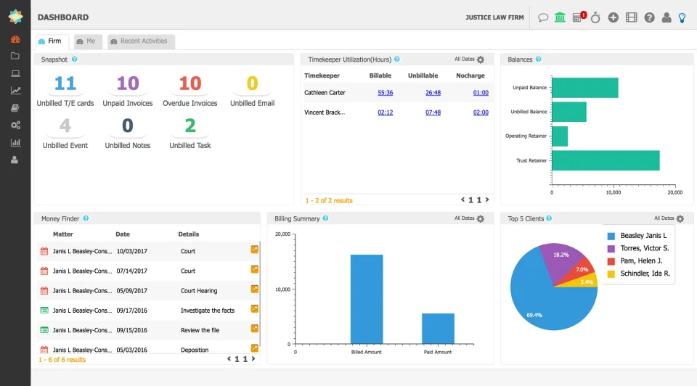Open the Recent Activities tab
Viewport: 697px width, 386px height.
[139, 41]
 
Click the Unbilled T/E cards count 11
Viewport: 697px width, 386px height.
[65, 83]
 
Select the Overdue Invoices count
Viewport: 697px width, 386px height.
[190, 83]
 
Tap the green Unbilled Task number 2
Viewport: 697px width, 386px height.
[190, 126]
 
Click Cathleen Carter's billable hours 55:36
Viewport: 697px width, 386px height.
[386, 93]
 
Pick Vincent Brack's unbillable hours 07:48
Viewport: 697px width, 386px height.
[433, 112]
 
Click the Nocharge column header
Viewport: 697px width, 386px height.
[470, 75]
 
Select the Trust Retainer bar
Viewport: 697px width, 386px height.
[606, 160]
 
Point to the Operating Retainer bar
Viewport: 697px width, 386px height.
[560, 136]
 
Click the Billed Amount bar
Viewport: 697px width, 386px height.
[367, 299]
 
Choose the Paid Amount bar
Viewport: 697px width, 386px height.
[438, 329]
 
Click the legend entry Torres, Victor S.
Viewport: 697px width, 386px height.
[644, 248]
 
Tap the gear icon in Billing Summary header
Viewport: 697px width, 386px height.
[480, 218]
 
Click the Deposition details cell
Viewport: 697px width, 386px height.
[194, 350]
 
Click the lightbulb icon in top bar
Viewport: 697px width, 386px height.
[682, 17]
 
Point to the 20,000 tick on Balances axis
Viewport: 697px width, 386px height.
[674, 193]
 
